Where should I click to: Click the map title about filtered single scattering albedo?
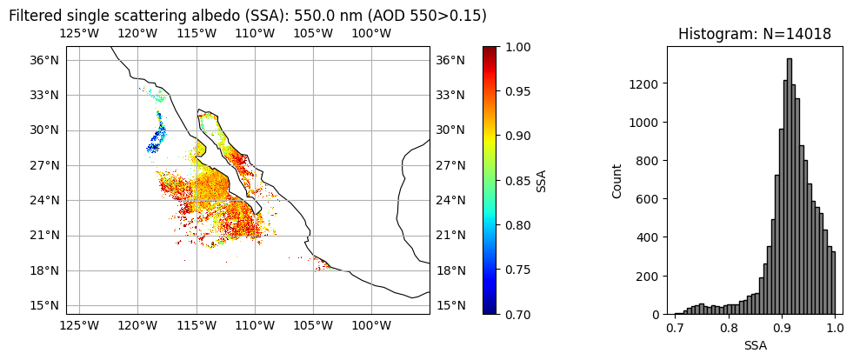click(x=247, y=16)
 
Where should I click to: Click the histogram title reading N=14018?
click(x=754, y=34)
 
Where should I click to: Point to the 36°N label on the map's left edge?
click(x=46, y=60)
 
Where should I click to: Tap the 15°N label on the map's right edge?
click(x=450, y=305)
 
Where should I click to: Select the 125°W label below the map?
click(x=79, y=326)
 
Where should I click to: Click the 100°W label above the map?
click(x=371, y=33)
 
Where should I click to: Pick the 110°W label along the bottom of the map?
click(x=255, y=326)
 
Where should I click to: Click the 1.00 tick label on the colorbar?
click(x=521, y=47)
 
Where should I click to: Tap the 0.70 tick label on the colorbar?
click(x=521, y=314)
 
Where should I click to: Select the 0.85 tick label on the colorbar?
click(x=521, y=181)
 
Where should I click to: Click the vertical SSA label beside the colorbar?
click(x=541, y=180)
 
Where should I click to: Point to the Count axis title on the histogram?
click(x=616, y=181)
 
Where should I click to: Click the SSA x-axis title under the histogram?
click(x=755, y=345)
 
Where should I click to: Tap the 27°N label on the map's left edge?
click(x=46, y=165)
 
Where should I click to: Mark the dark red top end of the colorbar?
click(x=490, y=50)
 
